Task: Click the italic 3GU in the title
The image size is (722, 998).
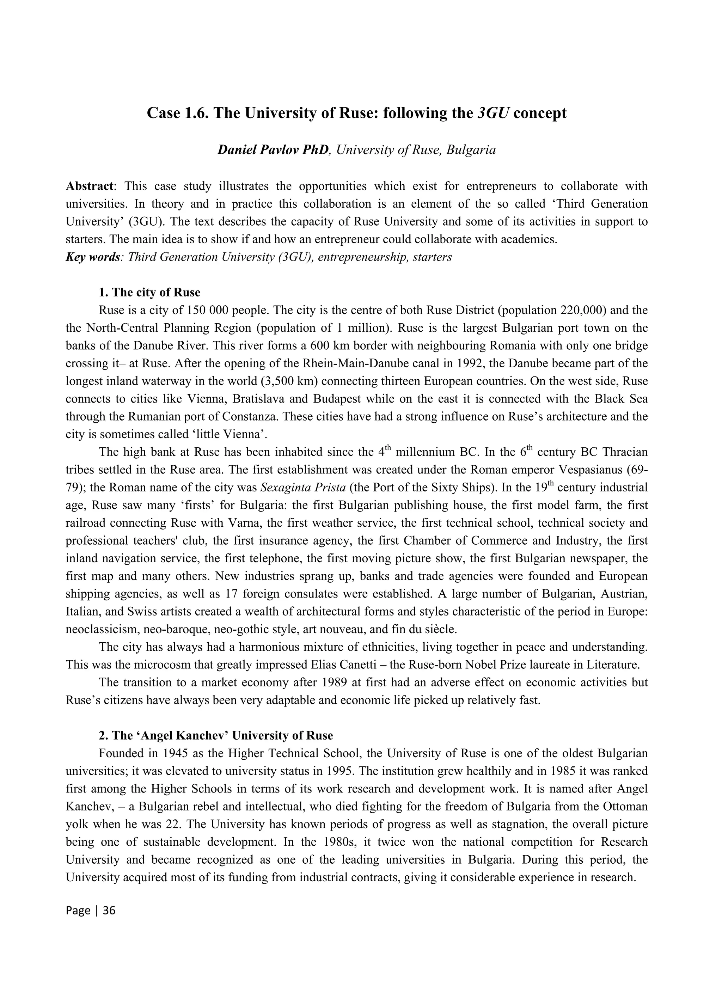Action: click(x=493, y=113)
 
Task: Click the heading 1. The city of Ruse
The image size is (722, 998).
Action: click(x=149, y=292)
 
